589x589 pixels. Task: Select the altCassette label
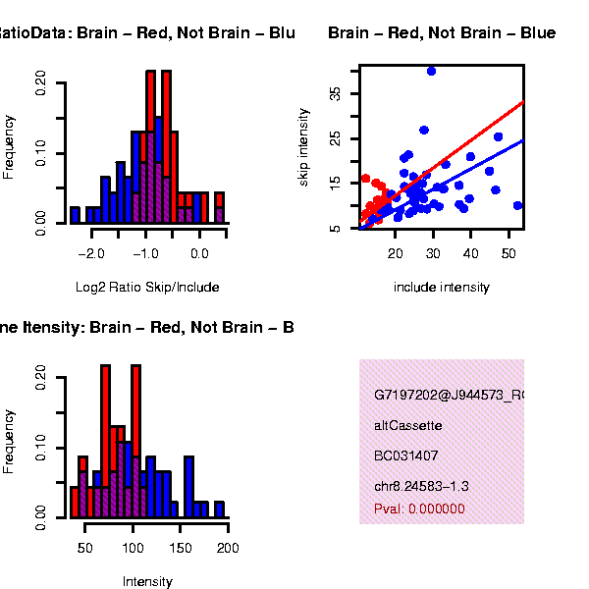(408, 426)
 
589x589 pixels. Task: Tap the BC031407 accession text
(405, 455)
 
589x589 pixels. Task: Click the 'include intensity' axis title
(441, 288)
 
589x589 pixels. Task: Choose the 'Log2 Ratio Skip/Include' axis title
(147, 288)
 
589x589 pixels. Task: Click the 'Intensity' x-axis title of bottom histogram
(147, 581)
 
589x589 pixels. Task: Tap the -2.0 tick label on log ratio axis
(91, 252)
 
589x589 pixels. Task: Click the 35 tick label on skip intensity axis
(337, 93)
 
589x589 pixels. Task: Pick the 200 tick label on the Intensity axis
(227, 547)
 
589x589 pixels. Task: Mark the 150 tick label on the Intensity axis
(180, 547)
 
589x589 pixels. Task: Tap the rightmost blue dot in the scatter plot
(517, 206)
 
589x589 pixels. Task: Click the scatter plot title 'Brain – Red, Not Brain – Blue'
(441, 33)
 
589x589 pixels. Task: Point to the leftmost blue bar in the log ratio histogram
(75, 215)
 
